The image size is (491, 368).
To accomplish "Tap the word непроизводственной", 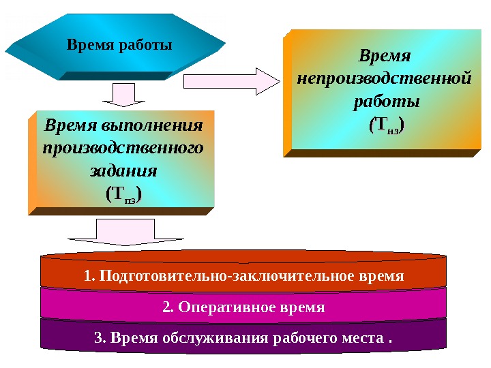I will click(x=385, y=78).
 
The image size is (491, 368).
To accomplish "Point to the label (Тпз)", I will click(x=123, y=195).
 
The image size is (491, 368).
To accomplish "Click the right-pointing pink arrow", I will click(x=232, y=81).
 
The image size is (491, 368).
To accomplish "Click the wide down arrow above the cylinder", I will click(x=126, y=232).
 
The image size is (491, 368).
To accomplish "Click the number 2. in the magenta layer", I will click(x=168, y=307).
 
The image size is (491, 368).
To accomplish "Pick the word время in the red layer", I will click(x=381, y=277).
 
